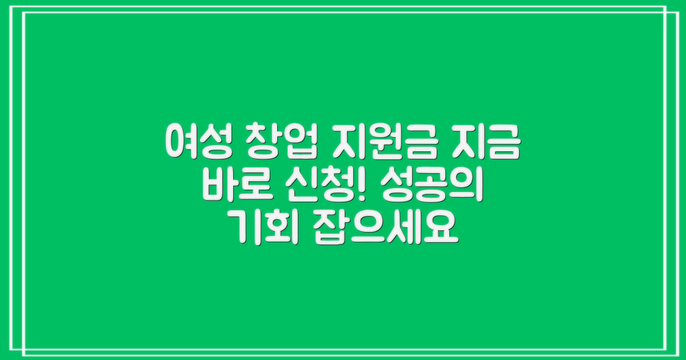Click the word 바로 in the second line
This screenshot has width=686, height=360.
point(231,186)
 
